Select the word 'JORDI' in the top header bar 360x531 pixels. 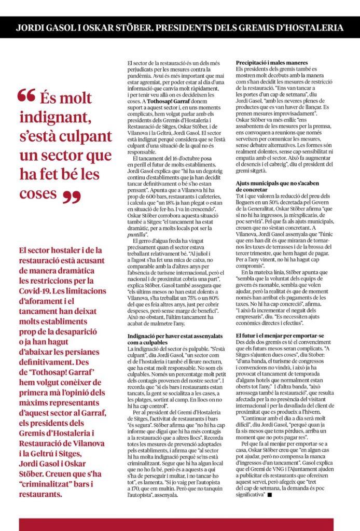click(30, 26)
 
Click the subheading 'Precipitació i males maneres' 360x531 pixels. click(270, 63)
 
